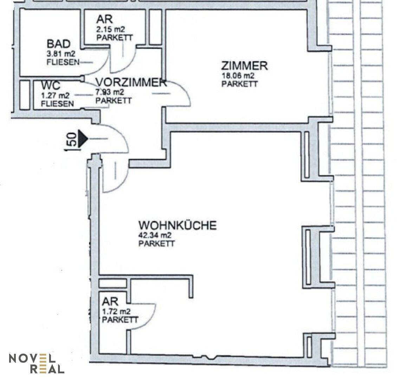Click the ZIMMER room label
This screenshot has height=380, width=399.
(244, 66)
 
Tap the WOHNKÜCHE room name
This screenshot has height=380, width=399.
(178, 225)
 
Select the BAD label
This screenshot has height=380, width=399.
(58, 44)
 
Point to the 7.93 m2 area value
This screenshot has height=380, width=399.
(110, 92)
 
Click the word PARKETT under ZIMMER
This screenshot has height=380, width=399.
(239, 84)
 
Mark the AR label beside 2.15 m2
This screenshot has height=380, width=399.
(98, 20)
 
